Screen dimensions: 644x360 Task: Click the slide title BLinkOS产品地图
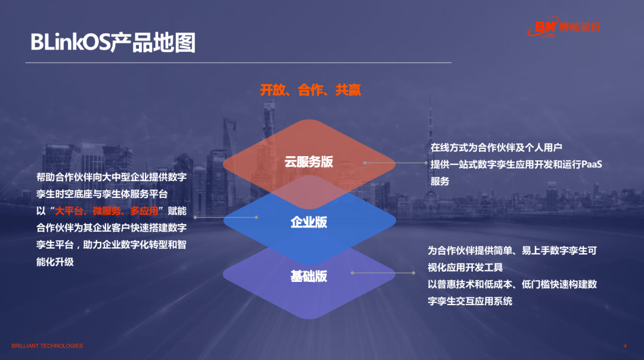tap(113, 42)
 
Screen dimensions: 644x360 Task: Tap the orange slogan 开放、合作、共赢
tap(311, 90)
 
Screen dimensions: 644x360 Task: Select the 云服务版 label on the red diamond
tap(309, 162)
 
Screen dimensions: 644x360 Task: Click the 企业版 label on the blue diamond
tap(309, 222)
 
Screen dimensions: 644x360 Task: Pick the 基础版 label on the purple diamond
tap(309, 277)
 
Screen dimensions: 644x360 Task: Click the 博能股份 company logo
tap(564, 27)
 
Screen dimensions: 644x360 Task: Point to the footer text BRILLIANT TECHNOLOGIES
tap(47, 346)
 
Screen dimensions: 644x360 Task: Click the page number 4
tap(625, 346)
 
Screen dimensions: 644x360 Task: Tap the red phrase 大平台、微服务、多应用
tap(107, 211)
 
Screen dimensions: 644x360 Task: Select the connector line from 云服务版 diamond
tap(395, 163)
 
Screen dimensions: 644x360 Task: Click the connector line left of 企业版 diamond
tap(225, 217)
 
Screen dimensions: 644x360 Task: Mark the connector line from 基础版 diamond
tap(383, 273)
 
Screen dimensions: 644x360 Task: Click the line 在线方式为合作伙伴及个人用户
tap(496, 147)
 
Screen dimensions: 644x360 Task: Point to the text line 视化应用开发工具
tap(465, 268)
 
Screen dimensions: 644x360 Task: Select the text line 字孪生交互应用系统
tap(470, 302)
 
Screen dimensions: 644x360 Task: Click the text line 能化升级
tap(55, 262)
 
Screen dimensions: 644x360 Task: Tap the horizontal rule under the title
tap(239, 63)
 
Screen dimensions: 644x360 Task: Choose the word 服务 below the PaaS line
tap(440, 181)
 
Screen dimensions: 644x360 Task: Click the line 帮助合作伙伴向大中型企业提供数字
tap(112, 177)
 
